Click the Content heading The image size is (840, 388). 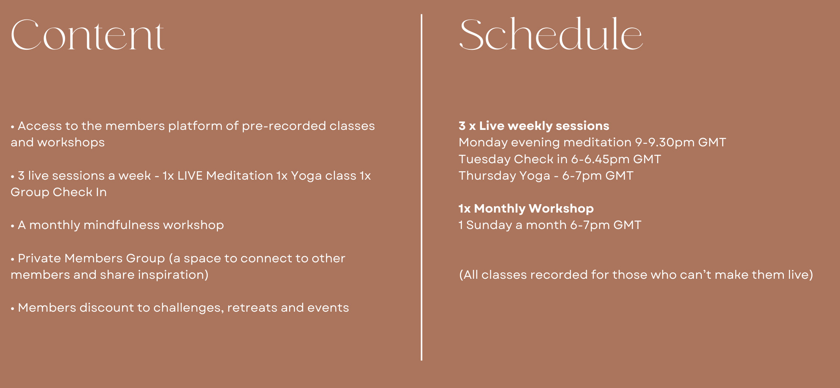(87, 35)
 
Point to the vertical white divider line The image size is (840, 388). (421, 187)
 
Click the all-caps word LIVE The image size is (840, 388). (190, 175)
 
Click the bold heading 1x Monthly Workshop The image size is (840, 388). (526, 208)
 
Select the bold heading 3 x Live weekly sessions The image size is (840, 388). (534, 126)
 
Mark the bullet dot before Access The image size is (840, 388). (13, 127)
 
